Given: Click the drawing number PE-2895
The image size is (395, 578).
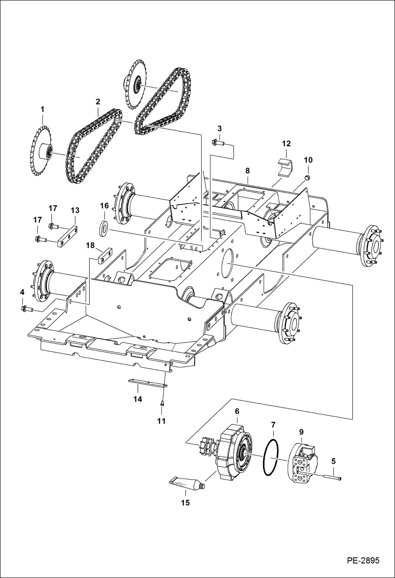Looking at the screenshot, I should [363, 560].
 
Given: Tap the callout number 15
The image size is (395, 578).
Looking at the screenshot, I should [185, 503].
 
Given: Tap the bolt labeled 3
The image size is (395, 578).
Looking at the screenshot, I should [218, 143].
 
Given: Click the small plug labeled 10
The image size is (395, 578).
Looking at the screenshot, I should [307, 178].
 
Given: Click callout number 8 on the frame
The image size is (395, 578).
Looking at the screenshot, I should [247, 171].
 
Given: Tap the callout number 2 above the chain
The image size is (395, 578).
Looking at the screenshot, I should [98, 101].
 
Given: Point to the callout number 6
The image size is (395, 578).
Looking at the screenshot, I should [237, 411].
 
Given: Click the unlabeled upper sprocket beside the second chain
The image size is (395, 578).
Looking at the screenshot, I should [135, 84].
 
